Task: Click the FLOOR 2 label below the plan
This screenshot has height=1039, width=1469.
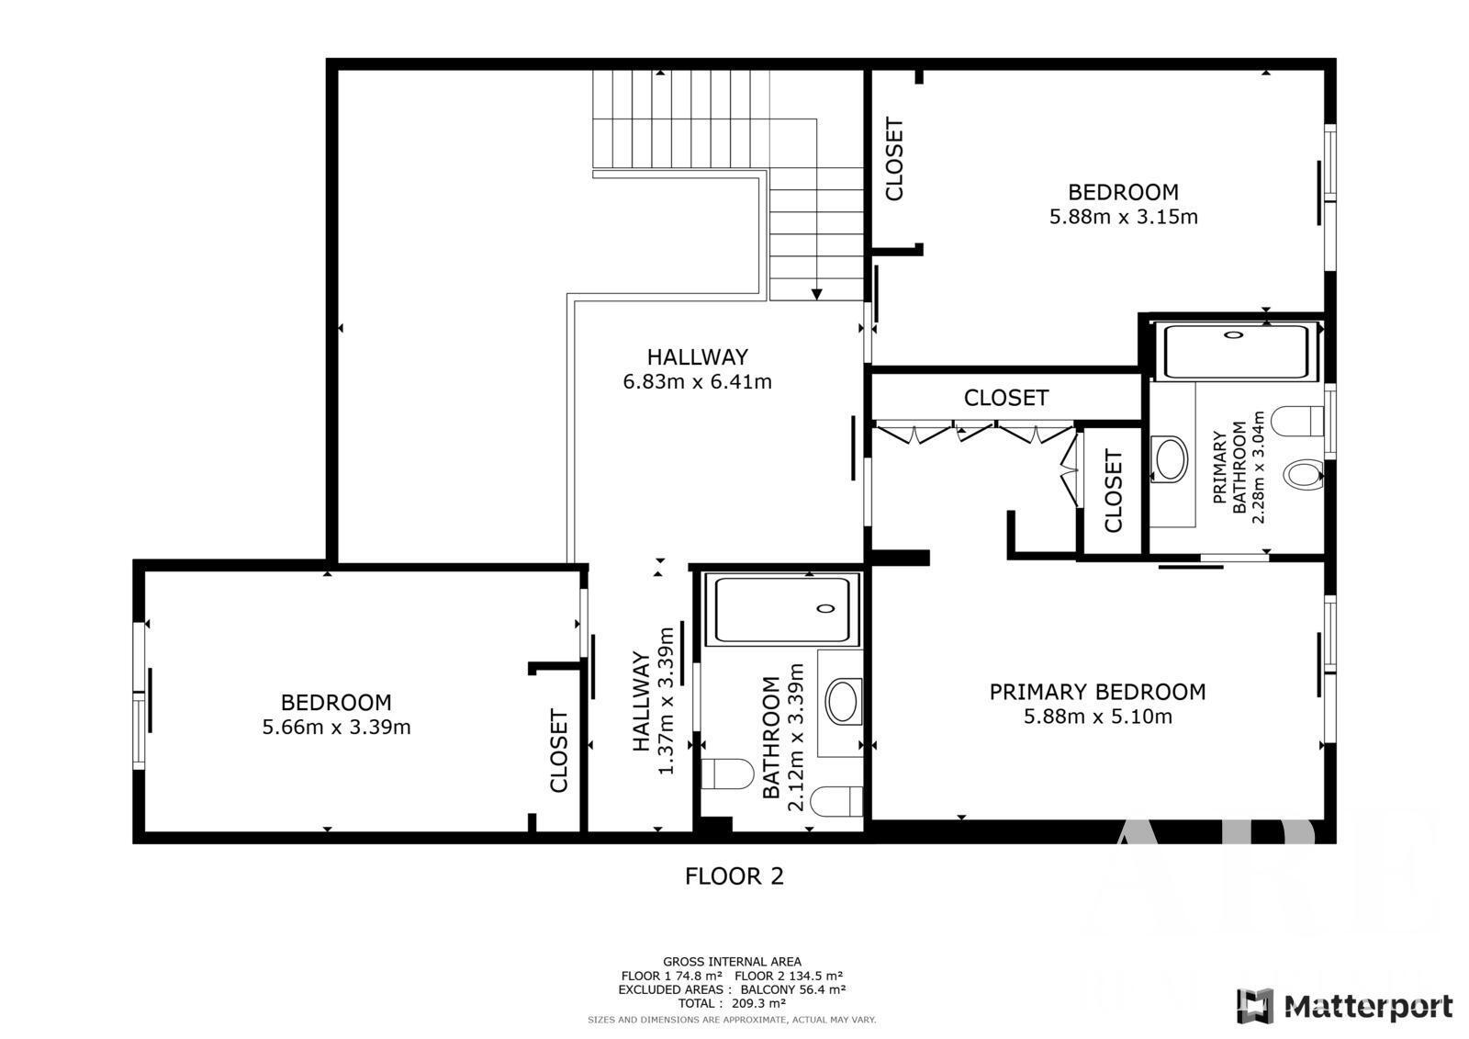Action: pyautogui.click(x=734, y=876)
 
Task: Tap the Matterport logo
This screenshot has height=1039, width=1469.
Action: pyautogui.click(x=1344, y=1005)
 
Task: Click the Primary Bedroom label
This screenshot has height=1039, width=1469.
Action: pyautogui.click(x=1097, y=692)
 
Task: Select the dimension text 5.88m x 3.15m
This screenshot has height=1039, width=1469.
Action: pyautogui.click(x=1124, y=217)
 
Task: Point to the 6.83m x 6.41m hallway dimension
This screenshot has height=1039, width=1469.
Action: pyautogui.click(x=697, y=381)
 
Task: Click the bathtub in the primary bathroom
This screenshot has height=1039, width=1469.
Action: pyautogui.click(x=1236, y=352)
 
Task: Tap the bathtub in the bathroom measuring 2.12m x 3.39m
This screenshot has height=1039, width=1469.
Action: pyautogui.click(x=782, y=610)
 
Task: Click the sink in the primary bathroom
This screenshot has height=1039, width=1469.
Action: pyautogui.click(x=1169, y=458)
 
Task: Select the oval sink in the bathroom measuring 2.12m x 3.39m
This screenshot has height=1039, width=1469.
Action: pyautogui.click(x=842, y=702)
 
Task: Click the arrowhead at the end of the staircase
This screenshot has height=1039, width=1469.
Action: pyautogui.click(x=816, y=294)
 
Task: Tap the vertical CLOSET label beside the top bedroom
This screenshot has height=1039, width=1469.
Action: pyautogui.click(x=894, y=159)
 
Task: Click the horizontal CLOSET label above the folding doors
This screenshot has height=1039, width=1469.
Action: pyautogui.click(x=1006, y=398)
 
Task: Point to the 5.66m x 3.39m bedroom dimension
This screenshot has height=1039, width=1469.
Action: pyautogui.click(x=336, y=728)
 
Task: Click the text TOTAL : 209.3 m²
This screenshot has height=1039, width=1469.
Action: pyautogui.click(x=731, y=1003)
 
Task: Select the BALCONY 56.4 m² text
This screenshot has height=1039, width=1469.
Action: pyautogui.click(x=793, y=989)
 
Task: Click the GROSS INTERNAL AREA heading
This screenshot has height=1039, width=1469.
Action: pyautogui.click(x=732, y=962)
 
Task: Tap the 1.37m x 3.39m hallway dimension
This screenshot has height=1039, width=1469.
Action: pyautogui.click(x=666, y=701)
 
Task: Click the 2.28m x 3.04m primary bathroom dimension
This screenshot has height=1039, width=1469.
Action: pyautogui.click(x=1258, y=467)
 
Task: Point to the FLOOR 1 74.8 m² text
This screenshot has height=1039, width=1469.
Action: pyautogui.click(x=671, y=976)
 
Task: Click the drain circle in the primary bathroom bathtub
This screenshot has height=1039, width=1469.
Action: pyautogui.click(x=1234, y=334)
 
